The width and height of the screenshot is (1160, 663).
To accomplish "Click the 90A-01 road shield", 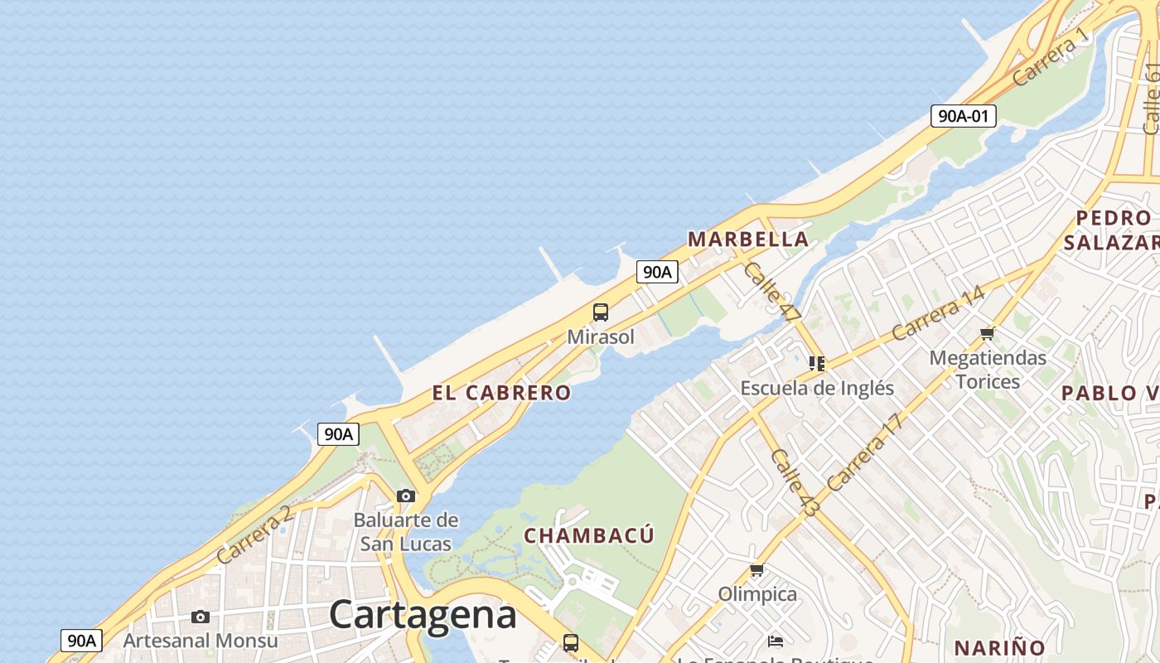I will click(x=963, y=116).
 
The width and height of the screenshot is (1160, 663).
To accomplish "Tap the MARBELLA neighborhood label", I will click(x=748, y=240).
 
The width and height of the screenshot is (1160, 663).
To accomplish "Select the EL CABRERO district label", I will click(x=501, y=393).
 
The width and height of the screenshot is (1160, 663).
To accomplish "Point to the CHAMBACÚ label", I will click(x=589, y=535).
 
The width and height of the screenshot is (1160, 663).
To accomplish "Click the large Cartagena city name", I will click(x=423, y=615).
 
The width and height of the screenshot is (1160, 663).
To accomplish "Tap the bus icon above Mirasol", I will click(x=601, y=312).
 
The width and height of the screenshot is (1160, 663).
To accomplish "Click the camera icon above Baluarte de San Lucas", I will click(x=406, y=496).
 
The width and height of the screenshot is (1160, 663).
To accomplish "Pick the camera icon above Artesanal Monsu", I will click(x=201, y=617).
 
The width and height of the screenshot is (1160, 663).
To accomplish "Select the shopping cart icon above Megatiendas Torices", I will click(x=987, y=333).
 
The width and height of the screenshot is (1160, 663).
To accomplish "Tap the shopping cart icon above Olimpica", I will click(x=756, y=570).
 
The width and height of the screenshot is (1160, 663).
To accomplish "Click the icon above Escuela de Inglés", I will click(x=817, y=363).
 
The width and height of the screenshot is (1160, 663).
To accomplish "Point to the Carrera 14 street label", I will click(x=938, y=313).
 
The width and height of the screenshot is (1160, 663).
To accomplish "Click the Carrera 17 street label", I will click(x=863, y=452).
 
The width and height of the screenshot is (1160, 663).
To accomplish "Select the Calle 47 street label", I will click(x=772, y=292).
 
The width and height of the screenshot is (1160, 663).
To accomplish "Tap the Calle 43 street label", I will click(x=794, y=483).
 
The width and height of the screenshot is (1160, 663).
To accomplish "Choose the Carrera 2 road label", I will click(x=254, y=535).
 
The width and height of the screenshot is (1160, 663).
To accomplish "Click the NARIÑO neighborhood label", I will click(x=999, y=647).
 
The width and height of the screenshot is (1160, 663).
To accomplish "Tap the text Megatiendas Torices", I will click(x=988, y=370).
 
